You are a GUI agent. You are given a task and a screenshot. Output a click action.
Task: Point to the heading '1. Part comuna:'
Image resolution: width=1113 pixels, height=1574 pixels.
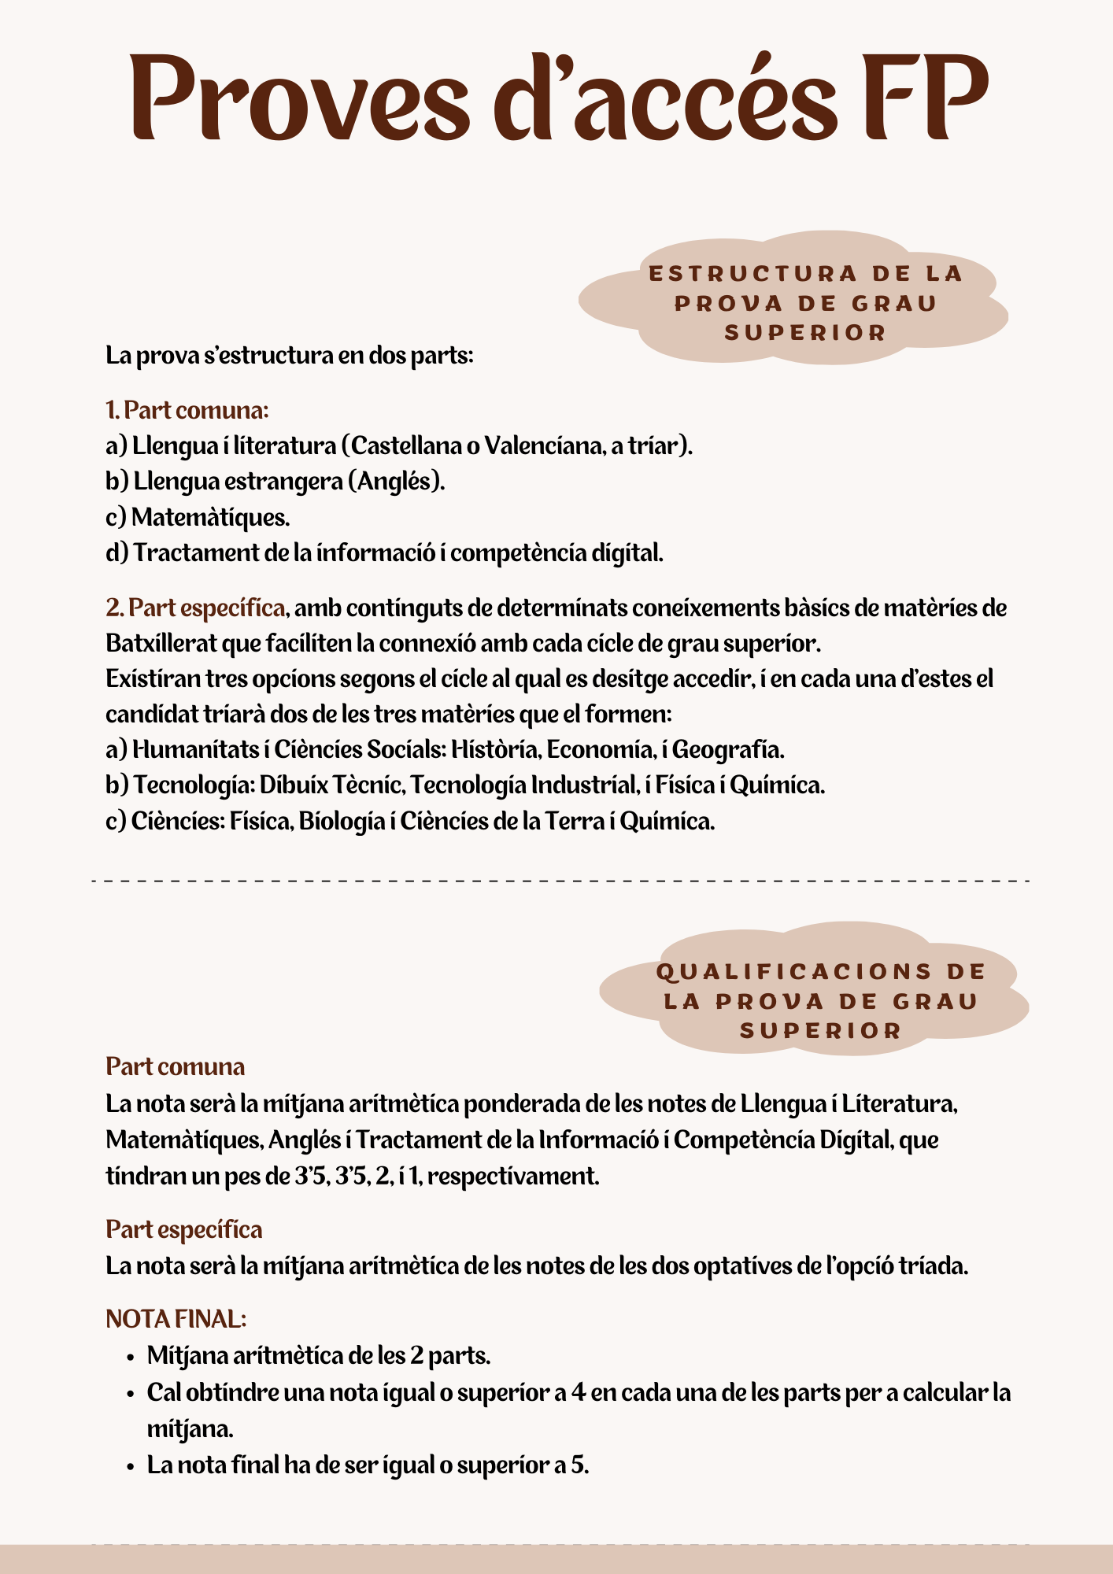[187, 410]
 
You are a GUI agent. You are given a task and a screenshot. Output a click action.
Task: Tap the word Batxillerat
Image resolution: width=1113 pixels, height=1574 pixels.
[161, 643]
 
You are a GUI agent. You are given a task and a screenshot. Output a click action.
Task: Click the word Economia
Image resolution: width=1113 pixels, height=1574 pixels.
[599, 748]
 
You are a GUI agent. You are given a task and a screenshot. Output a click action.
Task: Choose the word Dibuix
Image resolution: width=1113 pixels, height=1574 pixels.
[293, 785]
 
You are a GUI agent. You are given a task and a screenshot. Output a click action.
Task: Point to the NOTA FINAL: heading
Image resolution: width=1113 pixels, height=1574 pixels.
[176, 1318]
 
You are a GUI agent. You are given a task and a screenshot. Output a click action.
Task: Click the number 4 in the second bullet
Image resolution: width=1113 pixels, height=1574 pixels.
[579, 1392]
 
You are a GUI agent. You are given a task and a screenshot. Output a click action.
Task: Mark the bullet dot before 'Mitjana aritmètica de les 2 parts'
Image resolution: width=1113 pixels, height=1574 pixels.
[131, 1358]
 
